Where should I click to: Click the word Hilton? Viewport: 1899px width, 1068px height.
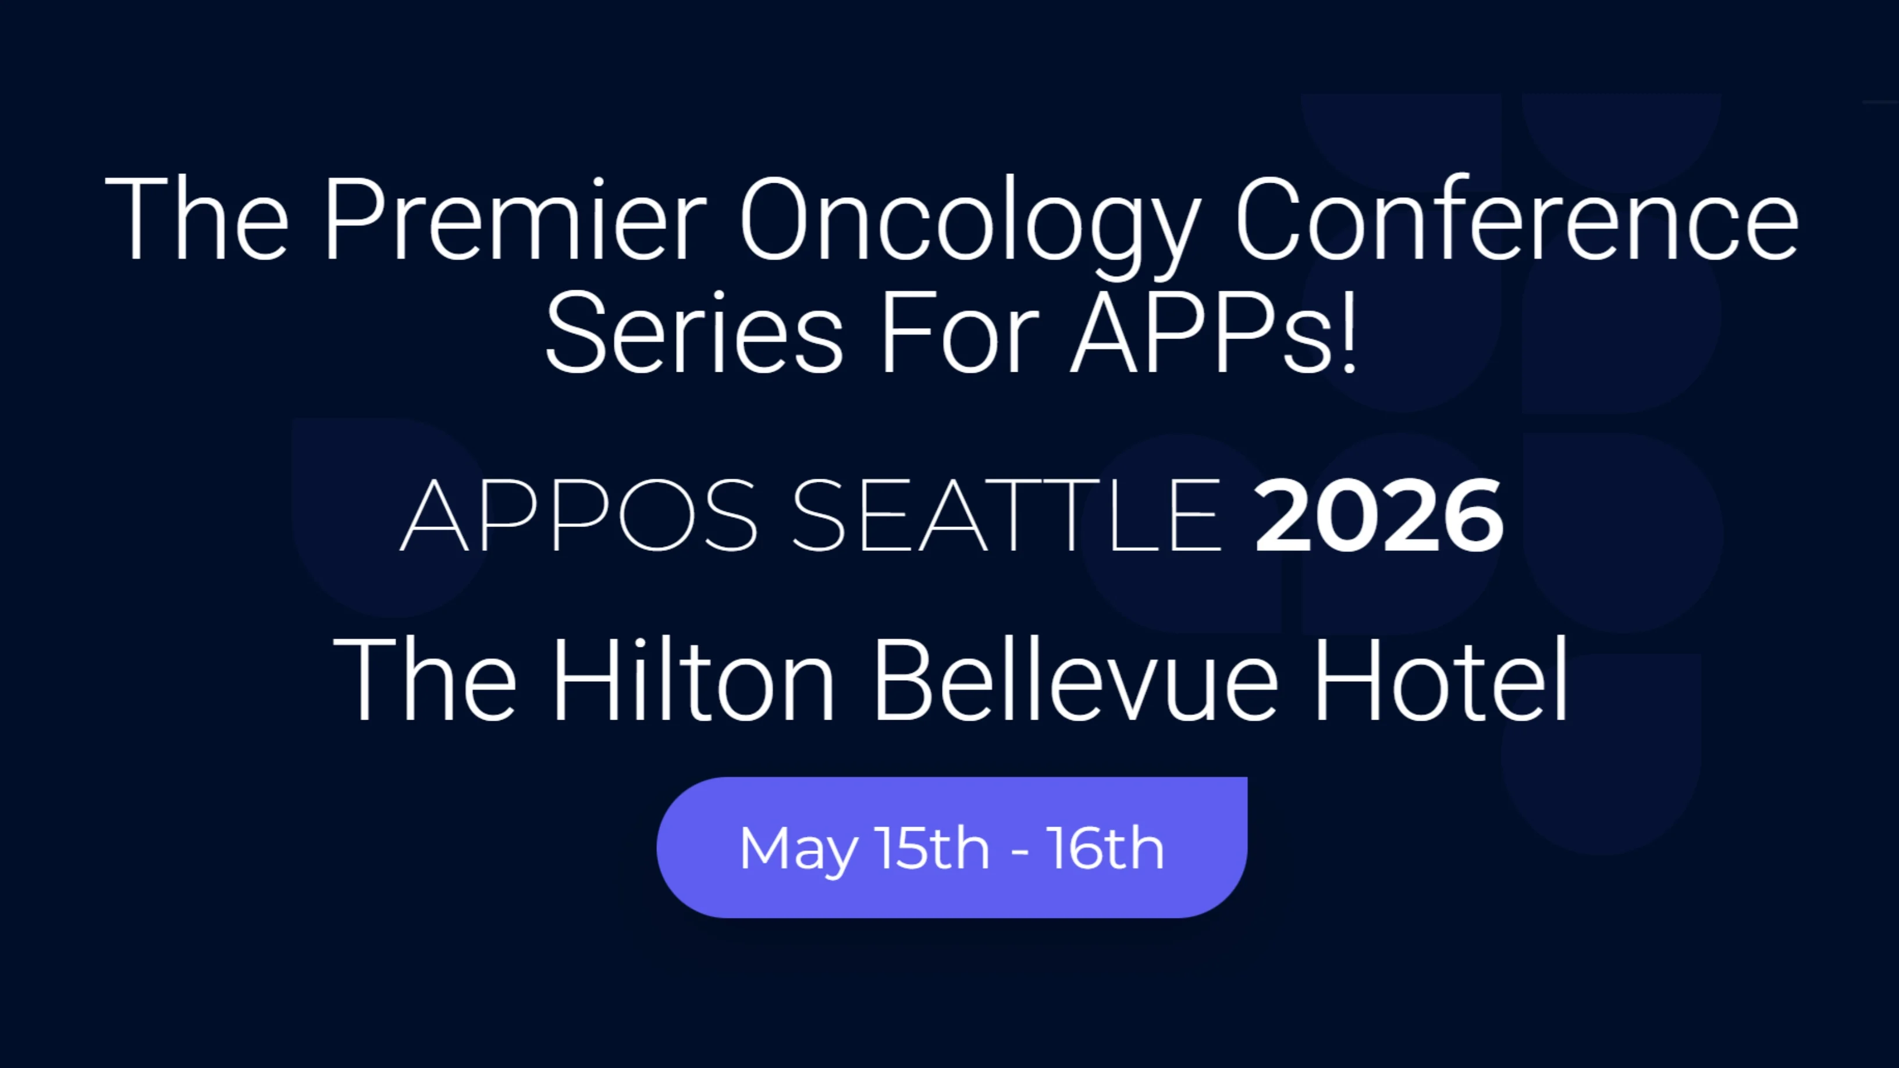pyautogui.click(x=694, y=679)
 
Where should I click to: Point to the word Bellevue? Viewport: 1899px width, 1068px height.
pyautogui.click(x=1076, y=679)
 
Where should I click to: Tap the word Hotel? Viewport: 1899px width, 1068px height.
pyautogui.click(x=1442, y=679)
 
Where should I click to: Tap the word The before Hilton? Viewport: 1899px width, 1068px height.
pyautogui.click(x=425, y=679)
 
